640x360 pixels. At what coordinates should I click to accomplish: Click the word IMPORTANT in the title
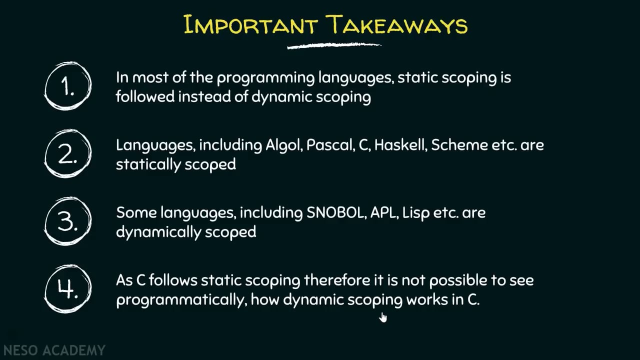click(x=250, y=25)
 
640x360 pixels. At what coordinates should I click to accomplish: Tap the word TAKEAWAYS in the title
click(x=397, y=25)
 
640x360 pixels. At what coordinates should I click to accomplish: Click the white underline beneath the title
click(x=334, y=46)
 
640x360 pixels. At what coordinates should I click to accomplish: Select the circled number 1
click(x=68, y=86)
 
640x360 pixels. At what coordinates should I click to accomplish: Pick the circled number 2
click(x=68, y=154)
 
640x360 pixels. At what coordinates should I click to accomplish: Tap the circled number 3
click(x=68, y=221)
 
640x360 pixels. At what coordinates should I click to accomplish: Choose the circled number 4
click(x=68, y=289)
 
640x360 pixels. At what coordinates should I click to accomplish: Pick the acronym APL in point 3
click(x=382, y=213)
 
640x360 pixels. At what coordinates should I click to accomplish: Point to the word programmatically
click(x=181, y=300)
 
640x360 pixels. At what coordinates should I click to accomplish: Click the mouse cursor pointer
click(x=383, y=317)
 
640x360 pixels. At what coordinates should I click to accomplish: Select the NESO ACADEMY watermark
click(x=54, y=350)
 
